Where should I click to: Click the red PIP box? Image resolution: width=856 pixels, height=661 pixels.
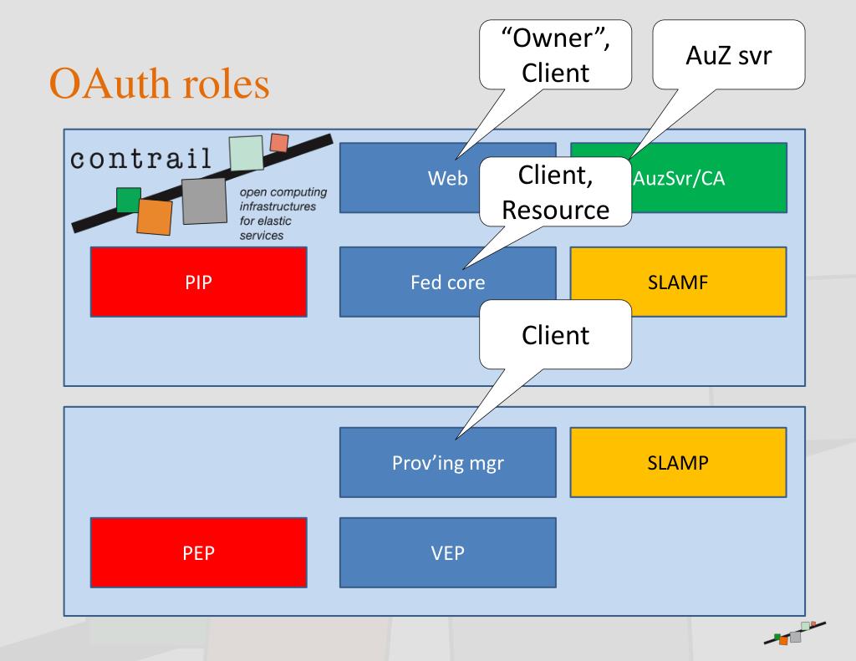pyautogui.click(x=199, y=282)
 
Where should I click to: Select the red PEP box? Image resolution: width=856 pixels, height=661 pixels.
pyautogui.click(x=199, y=552)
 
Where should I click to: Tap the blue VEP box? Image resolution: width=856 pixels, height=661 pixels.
pyautogui.click(x=448, y=552)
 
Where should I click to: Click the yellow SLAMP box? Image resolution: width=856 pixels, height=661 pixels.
pyautogui.click(x=678, y=462)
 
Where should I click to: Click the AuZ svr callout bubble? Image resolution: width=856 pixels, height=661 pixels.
pyautogui.click(x=729, y=54)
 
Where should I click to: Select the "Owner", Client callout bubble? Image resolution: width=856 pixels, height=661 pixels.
pyautogui.click(x=555, y=54)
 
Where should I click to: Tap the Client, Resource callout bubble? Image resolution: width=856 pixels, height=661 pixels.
pyautogui.click(x=555, y=192)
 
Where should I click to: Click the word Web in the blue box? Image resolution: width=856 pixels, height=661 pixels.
pyautogui.click(x=448, y=179)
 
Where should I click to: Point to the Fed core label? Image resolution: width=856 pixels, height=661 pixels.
pyautogui.click(x=448, y=282)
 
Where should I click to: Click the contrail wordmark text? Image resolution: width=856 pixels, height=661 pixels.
pyautogui.click(x=140, y=158)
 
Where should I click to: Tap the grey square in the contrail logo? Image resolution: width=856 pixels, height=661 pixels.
pyautogui.click(x=204, y=201)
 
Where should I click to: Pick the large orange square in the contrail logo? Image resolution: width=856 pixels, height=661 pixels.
pyautogui.click(x=155, y=216)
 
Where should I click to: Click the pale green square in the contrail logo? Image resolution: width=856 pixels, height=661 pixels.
pyautogui.click(x=247, y=153)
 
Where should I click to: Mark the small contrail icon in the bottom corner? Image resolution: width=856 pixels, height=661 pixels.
pyautogui.click(x=795, y=633)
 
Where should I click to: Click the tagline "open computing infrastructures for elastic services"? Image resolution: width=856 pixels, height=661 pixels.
pyautogui.click(x=283, y=213)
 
